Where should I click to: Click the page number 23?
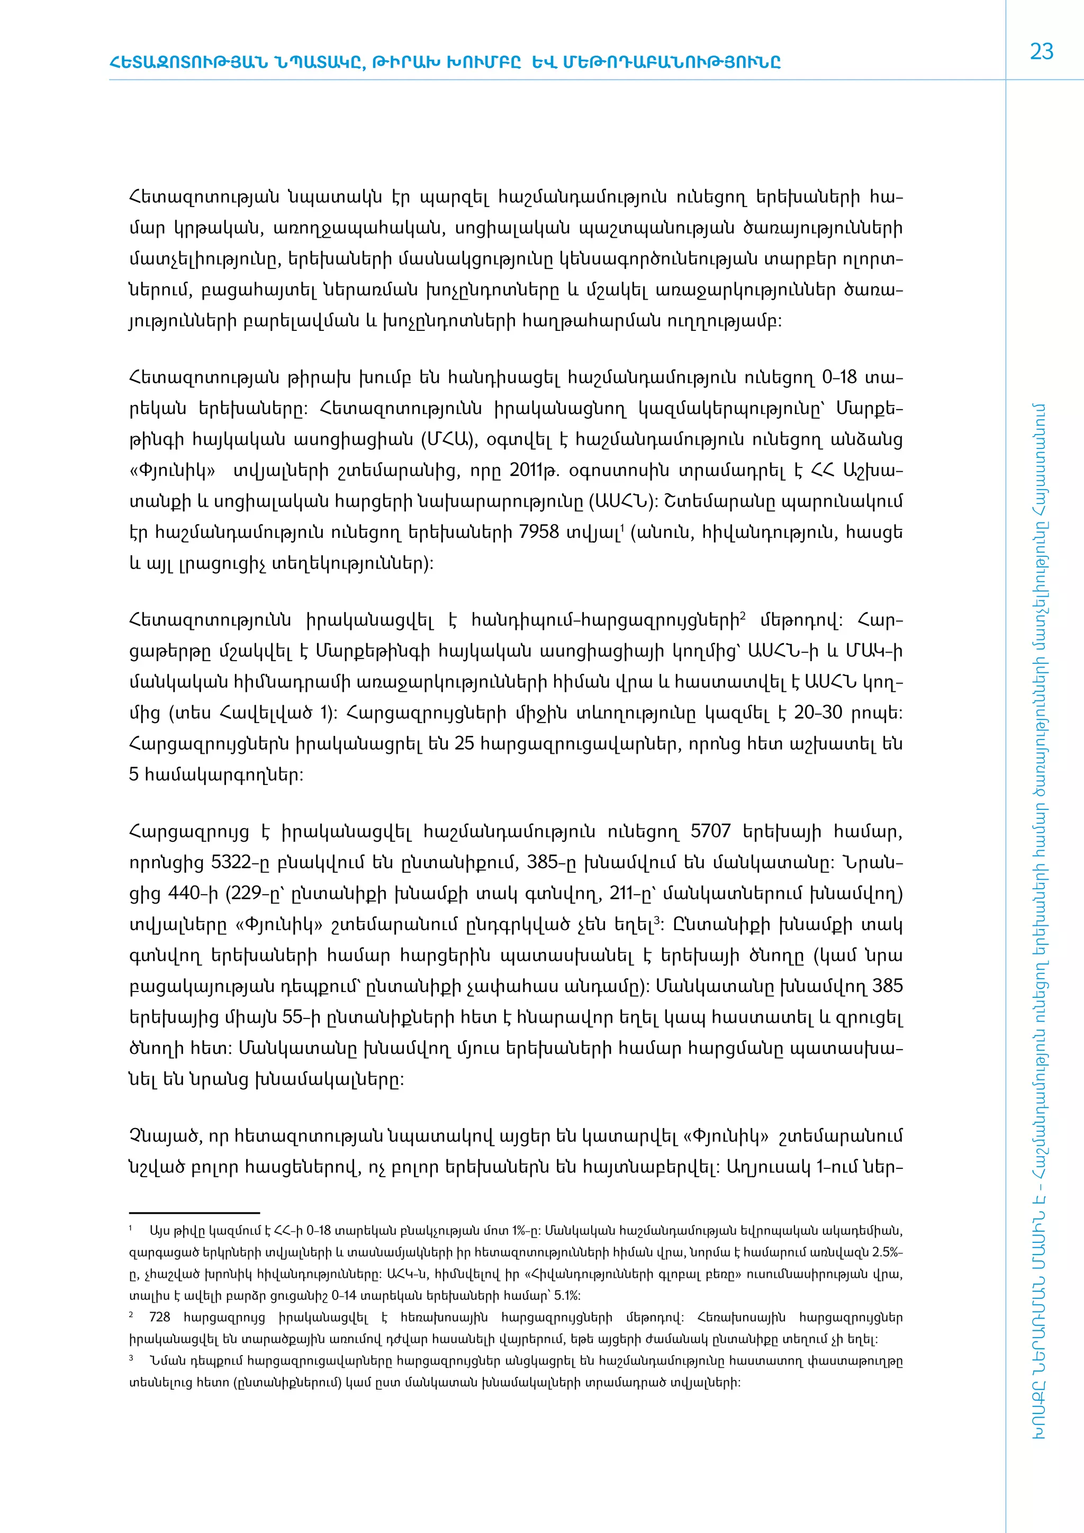coord(1041,52)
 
